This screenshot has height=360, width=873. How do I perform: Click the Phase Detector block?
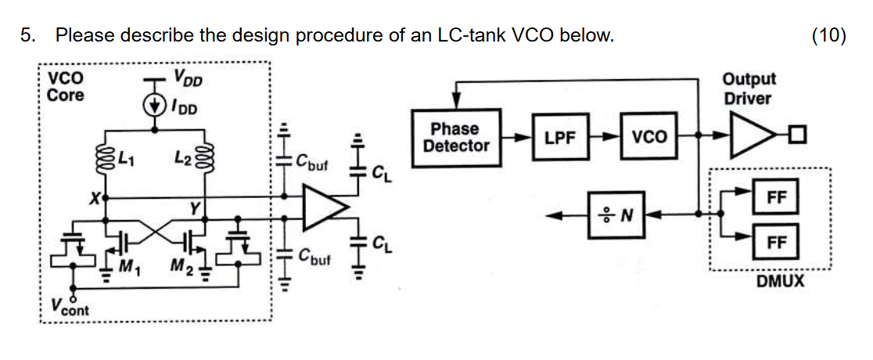[x=456, y=136]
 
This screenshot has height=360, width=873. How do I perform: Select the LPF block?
[x=560, y=137]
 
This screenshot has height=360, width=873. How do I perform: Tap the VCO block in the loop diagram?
[x=649, y=137]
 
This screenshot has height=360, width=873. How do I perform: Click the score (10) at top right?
[x=828, y=35]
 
